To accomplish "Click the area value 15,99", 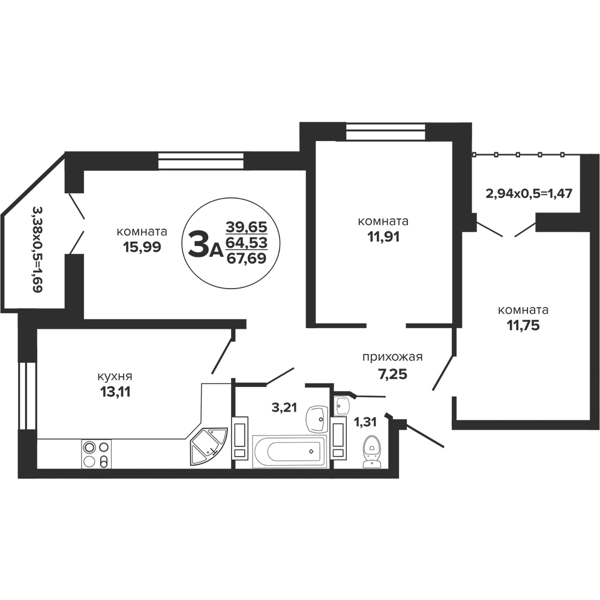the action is coord(142,247).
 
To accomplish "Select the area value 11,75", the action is coord(523,325).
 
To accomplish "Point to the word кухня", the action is coord(115,377).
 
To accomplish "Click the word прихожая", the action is coord(392,358).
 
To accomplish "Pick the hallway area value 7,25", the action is coord(392,374).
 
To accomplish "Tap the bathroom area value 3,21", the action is coord(284,407).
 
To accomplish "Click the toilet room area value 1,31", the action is coord(365,422).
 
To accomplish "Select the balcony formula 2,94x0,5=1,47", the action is coord(529,194).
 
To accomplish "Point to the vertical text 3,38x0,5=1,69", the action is coord(37,250).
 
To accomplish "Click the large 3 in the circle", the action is coord(199,245).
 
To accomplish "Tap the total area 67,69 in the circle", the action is coord(247,259).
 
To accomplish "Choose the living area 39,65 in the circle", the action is coord(247,227).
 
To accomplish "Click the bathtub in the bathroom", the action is coord(289,451).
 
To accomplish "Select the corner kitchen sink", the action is coord(209,446).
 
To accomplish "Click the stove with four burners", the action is coord(97,454).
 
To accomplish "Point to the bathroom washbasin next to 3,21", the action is coord(317,419).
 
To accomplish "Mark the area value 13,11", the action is coord(115,392).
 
